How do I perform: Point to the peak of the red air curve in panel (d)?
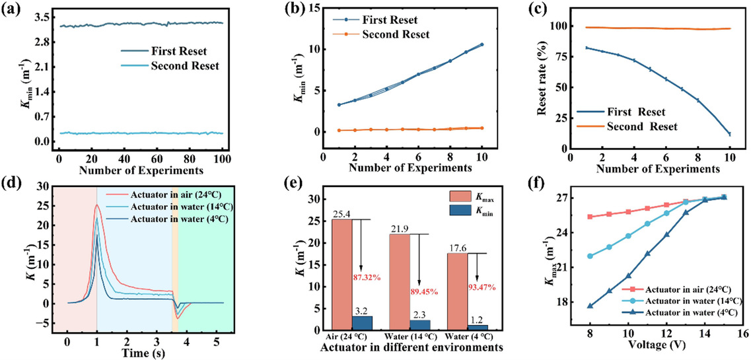(x=96, y=205)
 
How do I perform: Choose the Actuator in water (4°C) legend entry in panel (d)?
(x=179, y=219)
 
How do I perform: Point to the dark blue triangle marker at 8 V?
(x=589, y=306)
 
